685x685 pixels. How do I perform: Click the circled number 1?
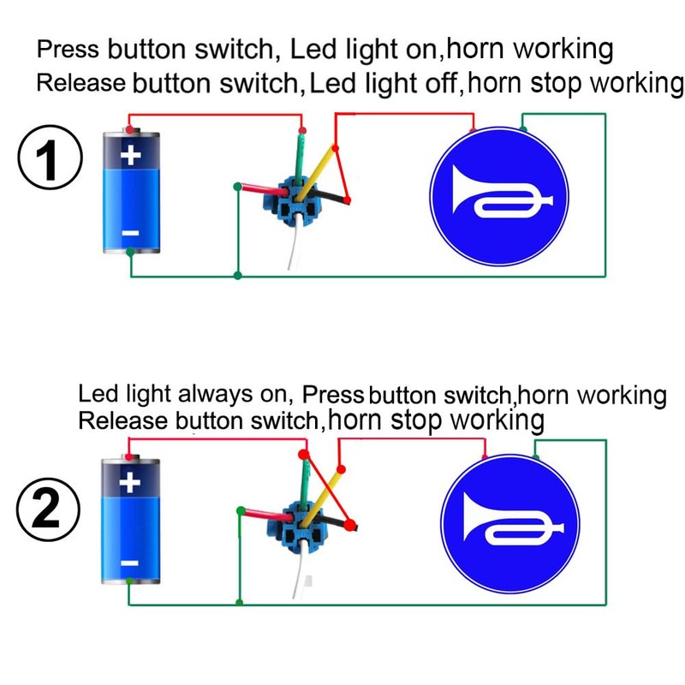(x=50, y=160)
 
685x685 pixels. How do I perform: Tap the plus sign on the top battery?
(x=130, y=157)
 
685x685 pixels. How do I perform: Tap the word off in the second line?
(x=444, y=85)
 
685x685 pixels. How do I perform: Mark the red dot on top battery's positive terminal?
(x=129, y=130)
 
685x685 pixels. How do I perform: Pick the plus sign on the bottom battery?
(x=130, y=484)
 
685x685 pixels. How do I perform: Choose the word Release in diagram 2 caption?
(x=122, y=421)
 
